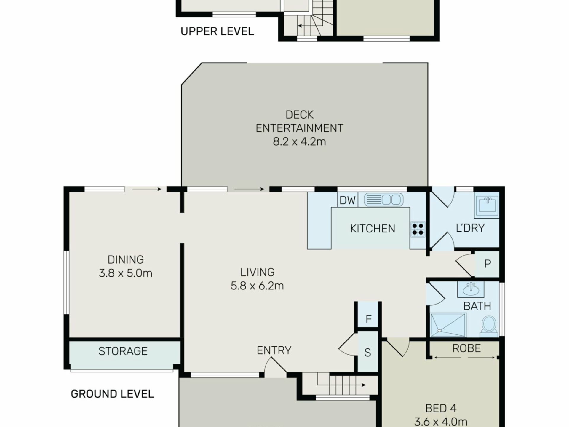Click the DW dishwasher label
coord(347,200)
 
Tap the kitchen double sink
coord(383,200)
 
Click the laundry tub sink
coord(487,205)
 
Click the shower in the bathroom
coord(448,325)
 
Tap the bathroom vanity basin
coord(471,289)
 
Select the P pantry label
coord(487,264)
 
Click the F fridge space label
coord(368,319)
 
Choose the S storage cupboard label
coord(367,353)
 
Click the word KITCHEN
coord(373,229)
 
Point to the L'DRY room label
coord(470,228)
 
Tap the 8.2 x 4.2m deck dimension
coord(299,141)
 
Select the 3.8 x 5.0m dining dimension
coord(125,273)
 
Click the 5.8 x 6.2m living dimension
coord(257,286)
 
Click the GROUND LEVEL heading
coord(112,394)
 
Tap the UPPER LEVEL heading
coord(217,31)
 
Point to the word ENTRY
coord(274,350)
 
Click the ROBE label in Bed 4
coord(466,348)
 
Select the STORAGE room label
coord(123,351)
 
